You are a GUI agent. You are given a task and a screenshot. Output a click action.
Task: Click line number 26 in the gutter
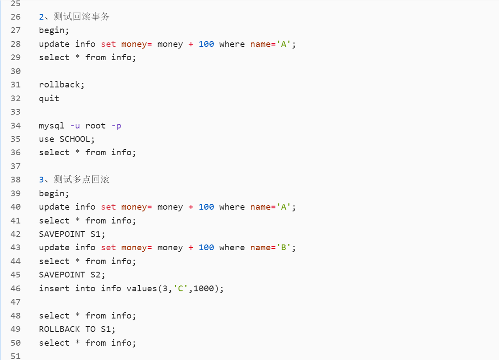16,17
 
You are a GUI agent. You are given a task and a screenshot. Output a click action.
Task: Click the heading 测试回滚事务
82,17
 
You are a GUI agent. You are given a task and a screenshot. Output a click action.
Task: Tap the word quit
49,98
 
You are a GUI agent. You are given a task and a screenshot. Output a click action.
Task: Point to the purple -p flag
116,126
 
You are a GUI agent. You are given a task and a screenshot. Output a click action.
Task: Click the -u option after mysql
75,126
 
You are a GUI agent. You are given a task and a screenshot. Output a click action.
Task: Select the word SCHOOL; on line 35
78,139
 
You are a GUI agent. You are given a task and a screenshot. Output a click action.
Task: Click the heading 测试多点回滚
82,180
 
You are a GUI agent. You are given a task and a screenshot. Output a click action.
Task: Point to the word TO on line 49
90,329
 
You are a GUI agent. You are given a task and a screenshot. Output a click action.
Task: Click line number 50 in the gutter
16,343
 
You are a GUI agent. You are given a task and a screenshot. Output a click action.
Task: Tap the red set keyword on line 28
108,44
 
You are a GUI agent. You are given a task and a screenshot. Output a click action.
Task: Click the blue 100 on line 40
206,207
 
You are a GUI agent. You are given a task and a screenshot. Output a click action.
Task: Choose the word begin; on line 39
54,194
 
